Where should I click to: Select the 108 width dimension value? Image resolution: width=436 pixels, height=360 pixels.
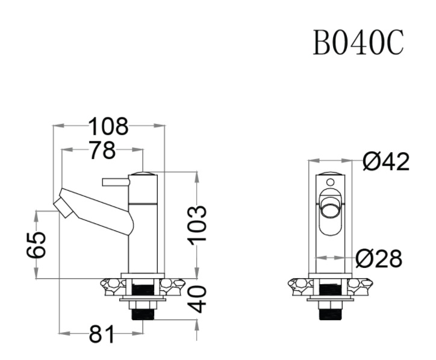point(108,126)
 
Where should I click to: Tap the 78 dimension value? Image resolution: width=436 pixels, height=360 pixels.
point(102,151)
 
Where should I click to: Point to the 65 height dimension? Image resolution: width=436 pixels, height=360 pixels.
point(37,244)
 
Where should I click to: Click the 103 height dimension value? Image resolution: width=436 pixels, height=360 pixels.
point(197,224)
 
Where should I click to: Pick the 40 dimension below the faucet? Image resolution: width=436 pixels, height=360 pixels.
point(198,299)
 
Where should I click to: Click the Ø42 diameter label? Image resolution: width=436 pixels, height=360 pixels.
point(387,161)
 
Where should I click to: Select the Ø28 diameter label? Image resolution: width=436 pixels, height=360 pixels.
point(378,259)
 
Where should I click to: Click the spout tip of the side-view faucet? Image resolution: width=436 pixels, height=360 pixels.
point(63,206)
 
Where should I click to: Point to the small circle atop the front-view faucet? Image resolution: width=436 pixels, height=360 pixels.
point(329,180)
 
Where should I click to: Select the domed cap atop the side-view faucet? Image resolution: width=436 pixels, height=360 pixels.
point(143,174)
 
